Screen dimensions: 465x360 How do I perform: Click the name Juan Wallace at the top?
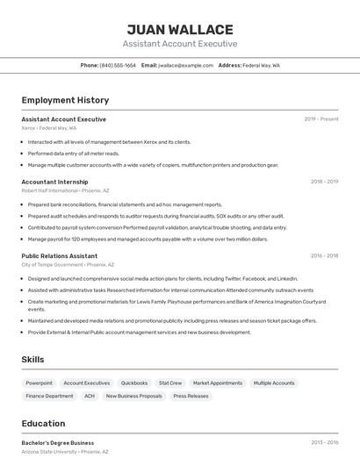[x=179, y=30]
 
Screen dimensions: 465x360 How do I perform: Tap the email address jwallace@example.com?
[x=186, y=65]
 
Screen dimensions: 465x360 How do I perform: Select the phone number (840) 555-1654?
[x=118, y=65]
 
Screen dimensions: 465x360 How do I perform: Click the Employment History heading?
[x=65, y=100]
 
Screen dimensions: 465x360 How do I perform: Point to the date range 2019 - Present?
[x=321, y=119]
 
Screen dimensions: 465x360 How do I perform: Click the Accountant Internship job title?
[x=54, y=182]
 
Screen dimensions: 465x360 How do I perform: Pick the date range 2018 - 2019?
[x=324, y=182]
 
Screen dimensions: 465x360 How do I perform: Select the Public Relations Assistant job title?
[x=59, y=256]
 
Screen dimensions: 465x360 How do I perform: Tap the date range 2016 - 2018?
[x=324, y=256]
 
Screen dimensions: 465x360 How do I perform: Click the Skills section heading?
[x=32, y=359]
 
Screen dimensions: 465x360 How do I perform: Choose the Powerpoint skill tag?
[x=39, y=383]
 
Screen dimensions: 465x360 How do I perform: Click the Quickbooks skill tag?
[x=134, y=383]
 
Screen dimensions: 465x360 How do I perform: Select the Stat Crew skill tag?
[x=170, y=383]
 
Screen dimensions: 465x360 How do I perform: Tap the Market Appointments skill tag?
[x=218, y=383]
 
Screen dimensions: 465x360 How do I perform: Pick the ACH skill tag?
[x=90, y=397]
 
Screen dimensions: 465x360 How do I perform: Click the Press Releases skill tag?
[x=191, y=397]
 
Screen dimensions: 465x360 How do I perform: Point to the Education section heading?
[x=43, y=423]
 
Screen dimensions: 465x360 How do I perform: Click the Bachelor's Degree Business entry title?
[x=57, y=443]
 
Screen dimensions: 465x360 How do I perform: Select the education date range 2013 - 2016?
[x=324, y=443]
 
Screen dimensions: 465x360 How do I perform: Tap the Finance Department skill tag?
[x=49, y=397]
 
